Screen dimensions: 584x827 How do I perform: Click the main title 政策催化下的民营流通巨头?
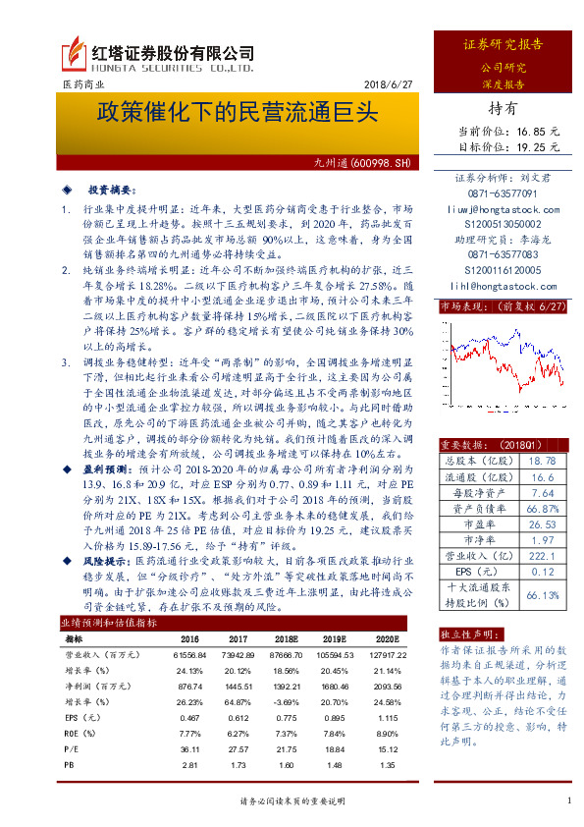236,111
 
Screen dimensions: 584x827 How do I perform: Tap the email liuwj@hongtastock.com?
505,208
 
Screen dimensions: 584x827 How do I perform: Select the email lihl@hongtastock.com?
505,285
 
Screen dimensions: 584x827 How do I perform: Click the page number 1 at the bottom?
568,801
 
